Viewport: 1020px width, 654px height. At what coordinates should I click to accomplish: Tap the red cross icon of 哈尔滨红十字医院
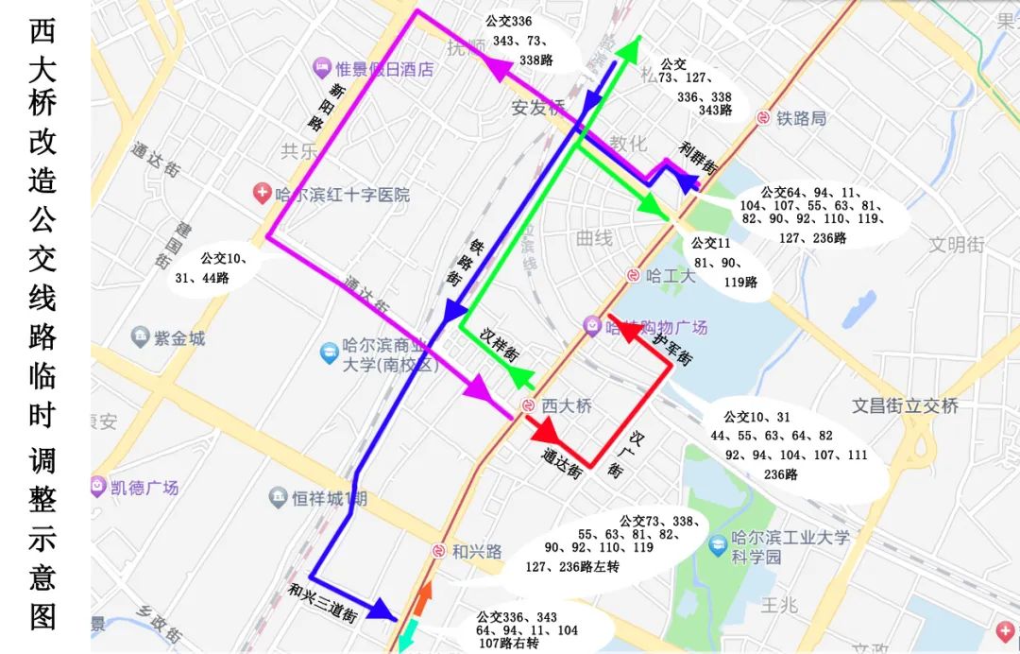pos(262,195)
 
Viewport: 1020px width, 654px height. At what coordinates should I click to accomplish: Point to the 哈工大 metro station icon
pos(633,275)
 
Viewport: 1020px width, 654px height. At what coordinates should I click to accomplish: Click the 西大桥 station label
pos(565,405)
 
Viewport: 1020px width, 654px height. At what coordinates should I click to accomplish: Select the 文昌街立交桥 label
pos(905,405)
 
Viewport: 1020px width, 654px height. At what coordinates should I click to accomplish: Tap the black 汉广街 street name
pos(627,455)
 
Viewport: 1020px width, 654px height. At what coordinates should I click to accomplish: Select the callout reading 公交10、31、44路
pos(215,267)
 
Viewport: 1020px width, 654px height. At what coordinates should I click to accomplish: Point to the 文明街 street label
pos(956,244)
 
